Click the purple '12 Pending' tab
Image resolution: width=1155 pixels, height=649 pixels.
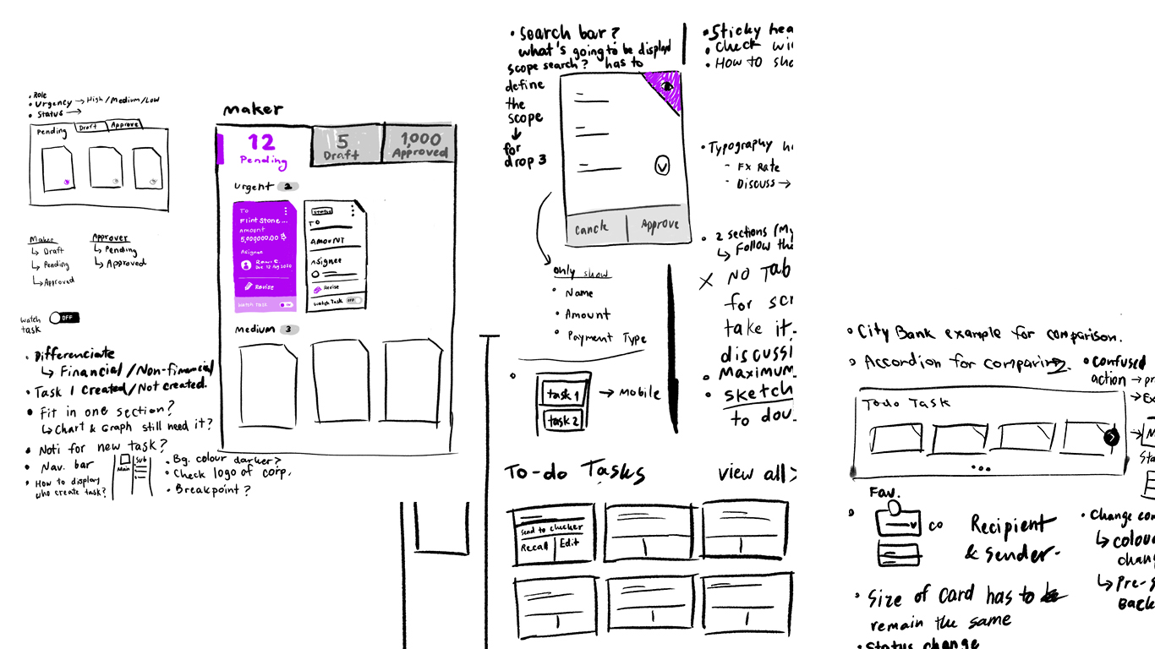pos(263,149)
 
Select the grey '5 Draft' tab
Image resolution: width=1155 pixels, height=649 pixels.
pos(346,145)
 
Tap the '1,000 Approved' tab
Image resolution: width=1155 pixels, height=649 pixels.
pos(419,145)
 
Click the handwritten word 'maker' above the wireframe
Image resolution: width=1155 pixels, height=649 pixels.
pos(252,109)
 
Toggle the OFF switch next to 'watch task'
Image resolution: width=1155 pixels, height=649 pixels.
pos(64,318)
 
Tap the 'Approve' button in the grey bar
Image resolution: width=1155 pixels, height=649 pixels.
pos(659,226)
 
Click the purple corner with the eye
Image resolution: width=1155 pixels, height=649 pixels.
pos(666,88)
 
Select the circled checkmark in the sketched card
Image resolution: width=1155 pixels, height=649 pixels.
pos(662,166)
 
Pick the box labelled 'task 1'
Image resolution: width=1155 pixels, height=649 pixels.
pos(562,394)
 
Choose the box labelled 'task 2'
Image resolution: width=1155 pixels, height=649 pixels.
pos(562,420)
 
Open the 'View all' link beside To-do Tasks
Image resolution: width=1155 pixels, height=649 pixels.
pos(753,473)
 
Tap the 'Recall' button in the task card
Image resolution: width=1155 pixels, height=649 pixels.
pos(534,546)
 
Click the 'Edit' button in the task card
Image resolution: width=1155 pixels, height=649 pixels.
pos(569,543)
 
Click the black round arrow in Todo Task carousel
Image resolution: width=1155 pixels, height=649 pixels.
pos(1111,437)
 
